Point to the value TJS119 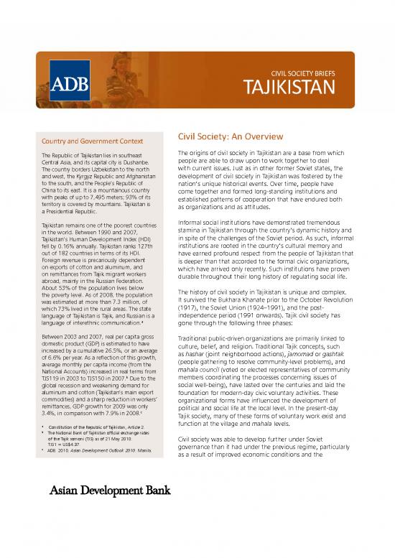[x=53, y=397]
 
